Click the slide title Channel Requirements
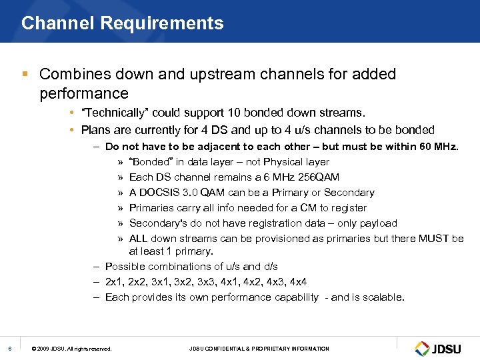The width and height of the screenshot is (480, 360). coord(123,23)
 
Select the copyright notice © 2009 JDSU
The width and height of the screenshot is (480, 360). coord(72,349)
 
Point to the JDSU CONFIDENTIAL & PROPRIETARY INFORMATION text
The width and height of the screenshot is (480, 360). coord(259,349)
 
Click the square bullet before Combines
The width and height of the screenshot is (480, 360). coord(26,74)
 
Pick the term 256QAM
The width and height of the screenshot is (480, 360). coord(317,177)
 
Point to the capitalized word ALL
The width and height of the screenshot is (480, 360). coord(138,239)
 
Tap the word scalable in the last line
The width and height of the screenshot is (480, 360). coord(382,297)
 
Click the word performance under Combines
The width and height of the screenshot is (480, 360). coord(83,92)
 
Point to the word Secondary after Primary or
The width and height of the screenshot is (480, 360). coord(350,193)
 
